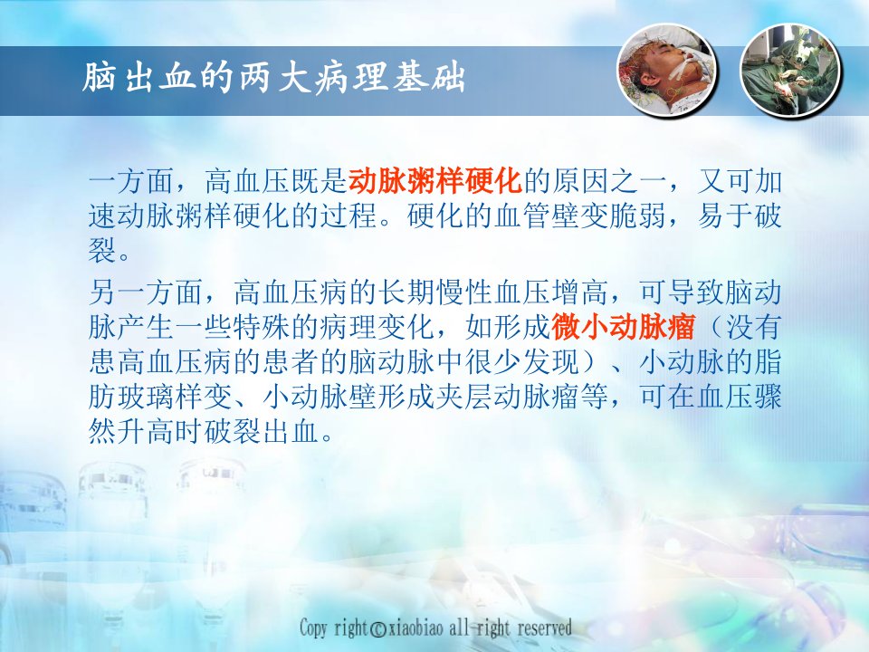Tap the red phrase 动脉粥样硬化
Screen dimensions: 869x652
[x=435, y=180]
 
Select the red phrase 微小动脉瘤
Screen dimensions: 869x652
[x=623, y=327]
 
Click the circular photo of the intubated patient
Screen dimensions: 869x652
[x=667, y=70]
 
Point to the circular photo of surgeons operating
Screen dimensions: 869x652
[x=791, y=70]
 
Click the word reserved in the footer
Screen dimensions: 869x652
[x=544, y=628]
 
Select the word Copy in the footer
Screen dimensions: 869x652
[x=314, y=628]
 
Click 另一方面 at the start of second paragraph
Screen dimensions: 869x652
[x=146, y=292]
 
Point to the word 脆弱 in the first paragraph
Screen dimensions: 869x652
[x=637, y=216]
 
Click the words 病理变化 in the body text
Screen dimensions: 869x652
[x=377, y=327]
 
